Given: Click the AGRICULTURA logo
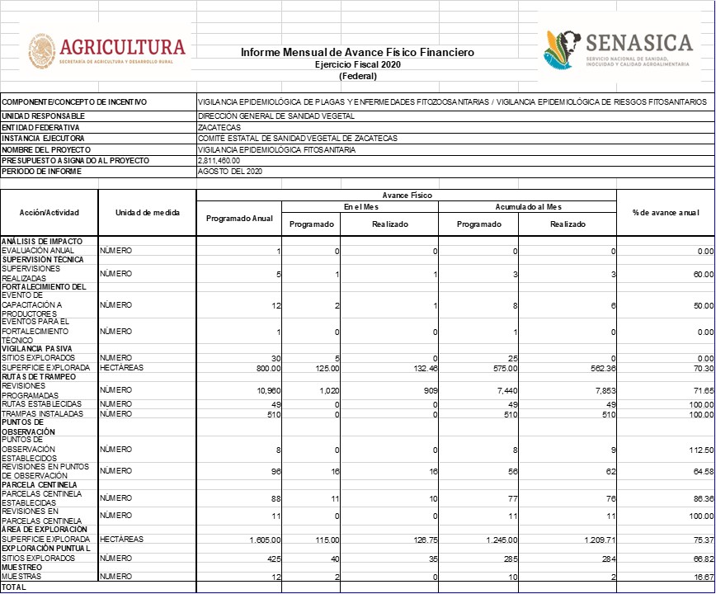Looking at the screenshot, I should (x=107, y=52).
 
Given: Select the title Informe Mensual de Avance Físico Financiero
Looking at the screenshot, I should (x=357, y=52).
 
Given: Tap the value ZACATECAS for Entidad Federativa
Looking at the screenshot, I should (x=219, y=128).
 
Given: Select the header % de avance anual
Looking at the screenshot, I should (x=665, y=212).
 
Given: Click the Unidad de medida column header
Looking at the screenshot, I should (x=147, y=212).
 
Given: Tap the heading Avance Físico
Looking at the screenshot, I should (x=406, y=195).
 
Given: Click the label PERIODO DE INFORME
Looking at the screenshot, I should (x=42, y=171).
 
